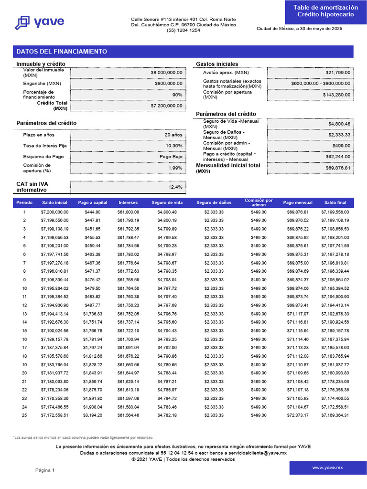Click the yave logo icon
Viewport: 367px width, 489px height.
[x=22, y=22]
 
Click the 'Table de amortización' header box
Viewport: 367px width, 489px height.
[x=325, y=11]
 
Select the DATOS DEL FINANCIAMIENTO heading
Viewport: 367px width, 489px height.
[x=62, y=52]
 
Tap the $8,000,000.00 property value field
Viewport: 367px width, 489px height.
[x=166, y=73]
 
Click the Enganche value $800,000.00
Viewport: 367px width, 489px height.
[x=168, y=84]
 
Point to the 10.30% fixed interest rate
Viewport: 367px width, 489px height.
[x=174, y=146]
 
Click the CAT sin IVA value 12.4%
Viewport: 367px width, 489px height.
[x=175, y=187]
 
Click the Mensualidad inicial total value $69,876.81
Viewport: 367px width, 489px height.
[x=337, y=168]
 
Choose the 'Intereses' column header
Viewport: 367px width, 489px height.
[x=128, y=203]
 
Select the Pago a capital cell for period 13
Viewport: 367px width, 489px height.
[x=92, y=314]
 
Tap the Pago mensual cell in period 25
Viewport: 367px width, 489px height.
[x=298, y=416]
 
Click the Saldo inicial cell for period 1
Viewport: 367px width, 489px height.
[x=54, y=212]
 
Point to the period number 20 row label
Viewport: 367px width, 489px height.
[x=24, y=373]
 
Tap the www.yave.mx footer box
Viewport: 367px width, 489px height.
[x=327, y=468]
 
